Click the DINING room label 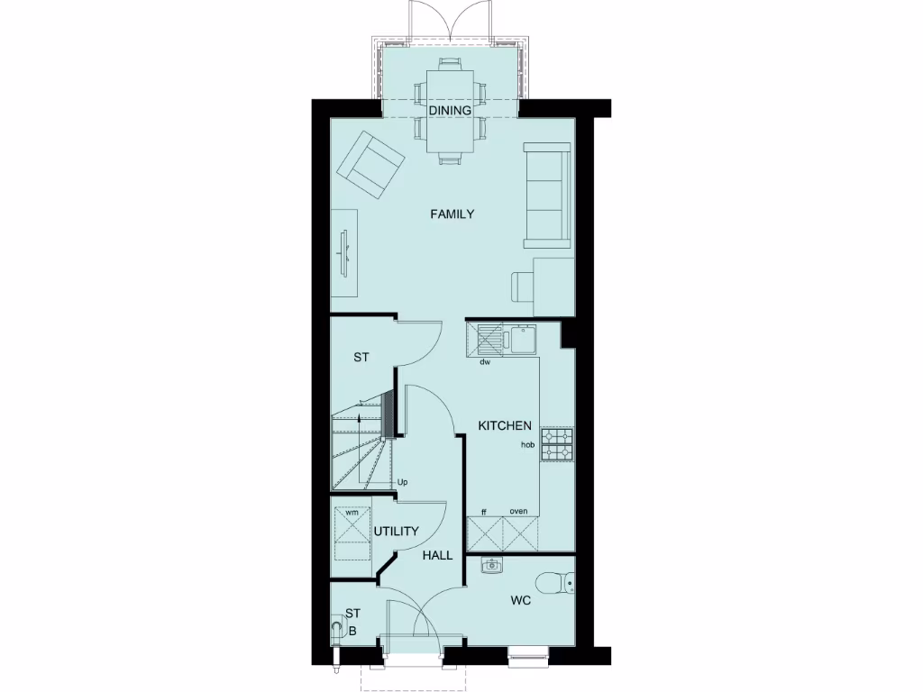(450, 111)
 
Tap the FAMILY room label (452, 214)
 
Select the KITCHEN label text (505, 426)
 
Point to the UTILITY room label (397, 532)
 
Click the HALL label (437, 556)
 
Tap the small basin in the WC (491, 566)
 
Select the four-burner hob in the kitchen (557, 442)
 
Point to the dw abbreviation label (484, 362)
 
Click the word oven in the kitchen (518, 511)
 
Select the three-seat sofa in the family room (546, 195)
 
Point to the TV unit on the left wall (343, 251)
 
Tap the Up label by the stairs (403, 483)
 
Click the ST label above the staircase (361, 358)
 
